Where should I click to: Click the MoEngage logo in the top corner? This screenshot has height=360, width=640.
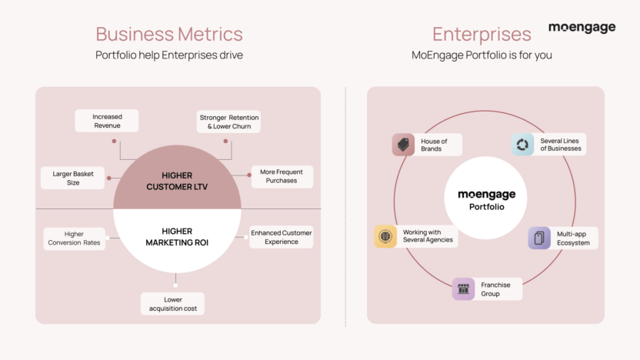(x=582, y=28)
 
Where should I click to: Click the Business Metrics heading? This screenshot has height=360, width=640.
(x=169, y=34)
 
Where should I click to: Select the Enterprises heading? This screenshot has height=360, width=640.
(x=482, y=34)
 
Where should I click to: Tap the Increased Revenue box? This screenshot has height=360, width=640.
(x=108, y=121)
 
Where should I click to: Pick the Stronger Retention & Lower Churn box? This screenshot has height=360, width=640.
(x=229, y=122)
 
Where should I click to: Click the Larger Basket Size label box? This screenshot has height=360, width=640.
(x=73, y=178)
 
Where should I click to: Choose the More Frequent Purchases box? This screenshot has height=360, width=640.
(x=282, y=177)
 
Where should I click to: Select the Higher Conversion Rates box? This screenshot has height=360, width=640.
(x=74, y=238)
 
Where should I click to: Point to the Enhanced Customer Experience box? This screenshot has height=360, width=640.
(x=282, y=237)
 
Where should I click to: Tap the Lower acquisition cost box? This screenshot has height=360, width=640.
(x=173, y=304)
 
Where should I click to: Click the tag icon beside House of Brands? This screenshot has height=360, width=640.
(x=403, y=145)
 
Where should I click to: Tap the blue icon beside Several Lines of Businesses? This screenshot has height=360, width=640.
(x=523, y=144)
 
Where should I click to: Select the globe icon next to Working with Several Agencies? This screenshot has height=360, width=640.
(x=385, y=236)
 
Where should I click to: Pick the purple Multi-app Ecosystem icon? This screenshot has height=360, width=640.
(x=539, y=238)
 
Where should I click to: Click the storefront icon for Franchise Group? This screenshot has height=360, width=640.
(x=463, y=289)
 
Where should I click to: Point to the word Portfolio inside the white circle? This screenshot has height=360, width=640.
(x=486, y=207)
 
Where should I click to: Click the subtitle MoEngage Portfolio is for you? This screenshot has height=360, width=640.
(x=482, y=55)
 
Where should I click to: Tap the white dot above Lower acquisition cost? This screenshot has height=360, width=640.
(x=175, y=285)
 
